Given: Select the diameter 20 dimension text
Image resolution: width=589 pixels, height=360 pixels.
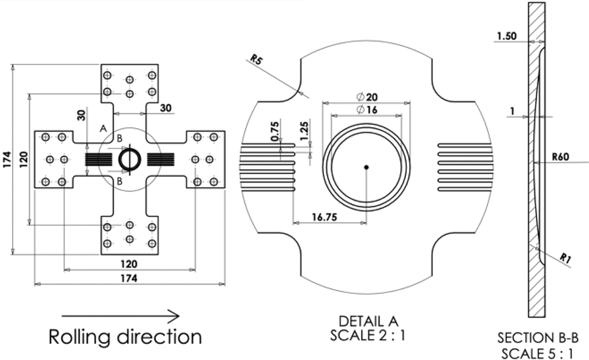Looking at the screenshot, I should [x=369, y=97].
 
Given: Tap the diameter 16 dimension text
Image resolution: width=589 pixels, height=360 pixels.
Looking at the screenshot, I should [x=368, y=110].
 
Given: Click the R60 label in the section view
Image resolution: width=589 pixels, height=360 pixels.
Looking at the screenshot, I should [x=561, y=157].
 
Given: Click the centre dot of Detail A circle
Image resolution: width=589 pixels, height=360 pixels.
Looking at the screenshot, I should [x=366, y=167].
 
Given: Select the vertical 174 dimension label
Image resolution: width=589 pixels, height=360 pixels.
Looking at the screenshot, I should [x=7, y=159].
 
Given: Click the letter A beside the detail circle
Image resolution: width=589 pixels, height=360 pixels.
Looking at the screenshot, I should [x=103, y=128].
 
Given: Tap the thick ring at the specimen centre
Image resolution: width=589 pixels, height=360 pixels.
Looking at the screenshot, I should [x=130, y=158].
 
